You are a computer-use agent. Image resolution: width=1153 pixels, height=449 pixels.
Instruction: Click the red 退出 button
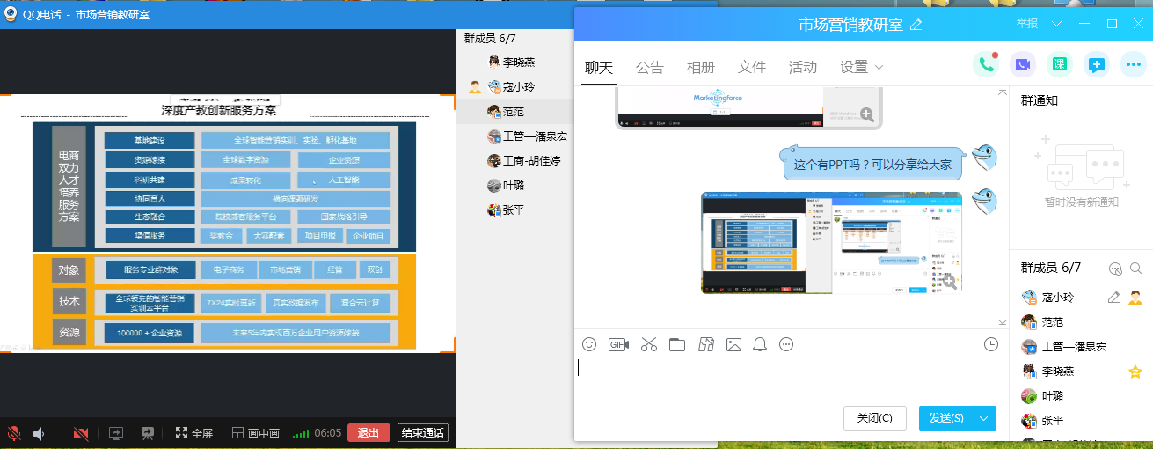tap(369, 433)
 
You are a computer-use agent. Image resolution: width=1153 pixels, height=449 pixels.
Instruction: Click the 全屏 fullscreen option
tap(194, 433)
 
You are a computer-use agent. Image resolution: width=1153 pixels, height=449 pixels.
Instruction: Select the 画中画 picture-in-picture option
tap(256, 433)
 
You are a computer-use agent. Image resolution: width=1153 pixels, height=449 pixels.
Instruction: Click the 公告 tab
tap(649, 67)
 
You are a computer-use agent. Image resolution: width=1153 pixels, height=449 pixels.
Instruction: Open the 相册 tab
tap(700, 67)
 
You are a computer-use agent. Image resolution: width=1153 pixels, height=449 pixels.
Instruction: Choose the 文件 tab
tap(752, 67)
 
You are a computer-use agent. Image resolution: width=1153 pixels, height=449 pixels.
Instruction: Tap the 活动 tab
tap(802, 67)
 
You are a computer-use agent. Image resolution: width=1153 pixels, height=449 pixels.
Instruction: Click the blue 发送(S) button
tap(945, 418)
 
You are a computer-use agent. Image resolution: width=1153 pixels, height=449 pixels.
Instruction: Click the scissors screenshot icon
tap(649, 344)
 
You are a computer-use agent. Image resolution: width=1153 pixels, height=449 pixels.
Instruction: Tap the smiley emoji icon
tap(589, 344)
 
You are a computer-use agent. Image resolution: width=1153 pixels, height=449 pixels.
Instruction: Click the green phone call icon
tap(985, 64)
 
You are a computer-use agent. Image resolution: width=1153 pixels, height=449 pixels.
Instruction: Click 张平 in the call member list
tap(512, 210)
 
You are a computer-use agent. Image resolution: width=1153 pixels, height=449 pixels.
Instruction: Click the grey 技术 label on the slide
tap(69, 301)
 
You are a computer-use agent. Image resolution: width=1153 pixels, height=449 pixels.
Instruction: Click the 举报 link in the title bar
tap(1026, 24)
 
